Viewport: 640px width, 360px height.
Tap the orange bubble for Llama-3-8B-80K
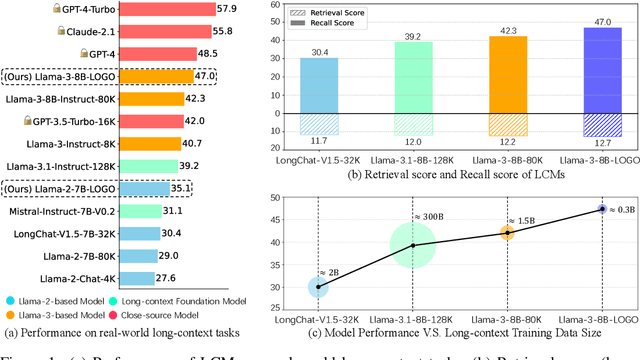coord(507,232)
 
